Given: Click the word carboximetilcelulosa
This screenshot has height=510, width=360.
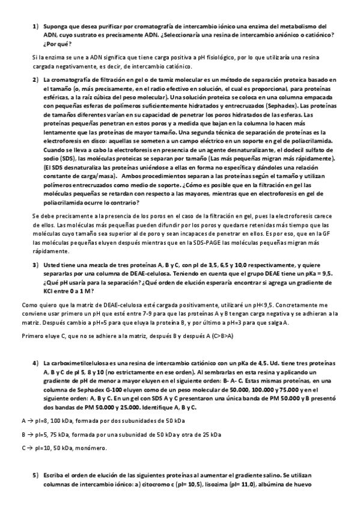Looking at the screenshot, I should pos(76,364).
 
